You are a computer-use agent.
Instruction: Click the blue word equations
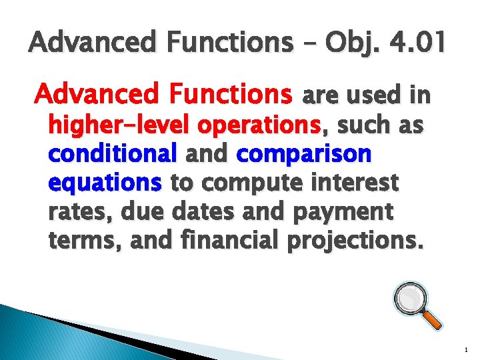(105, 182)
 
